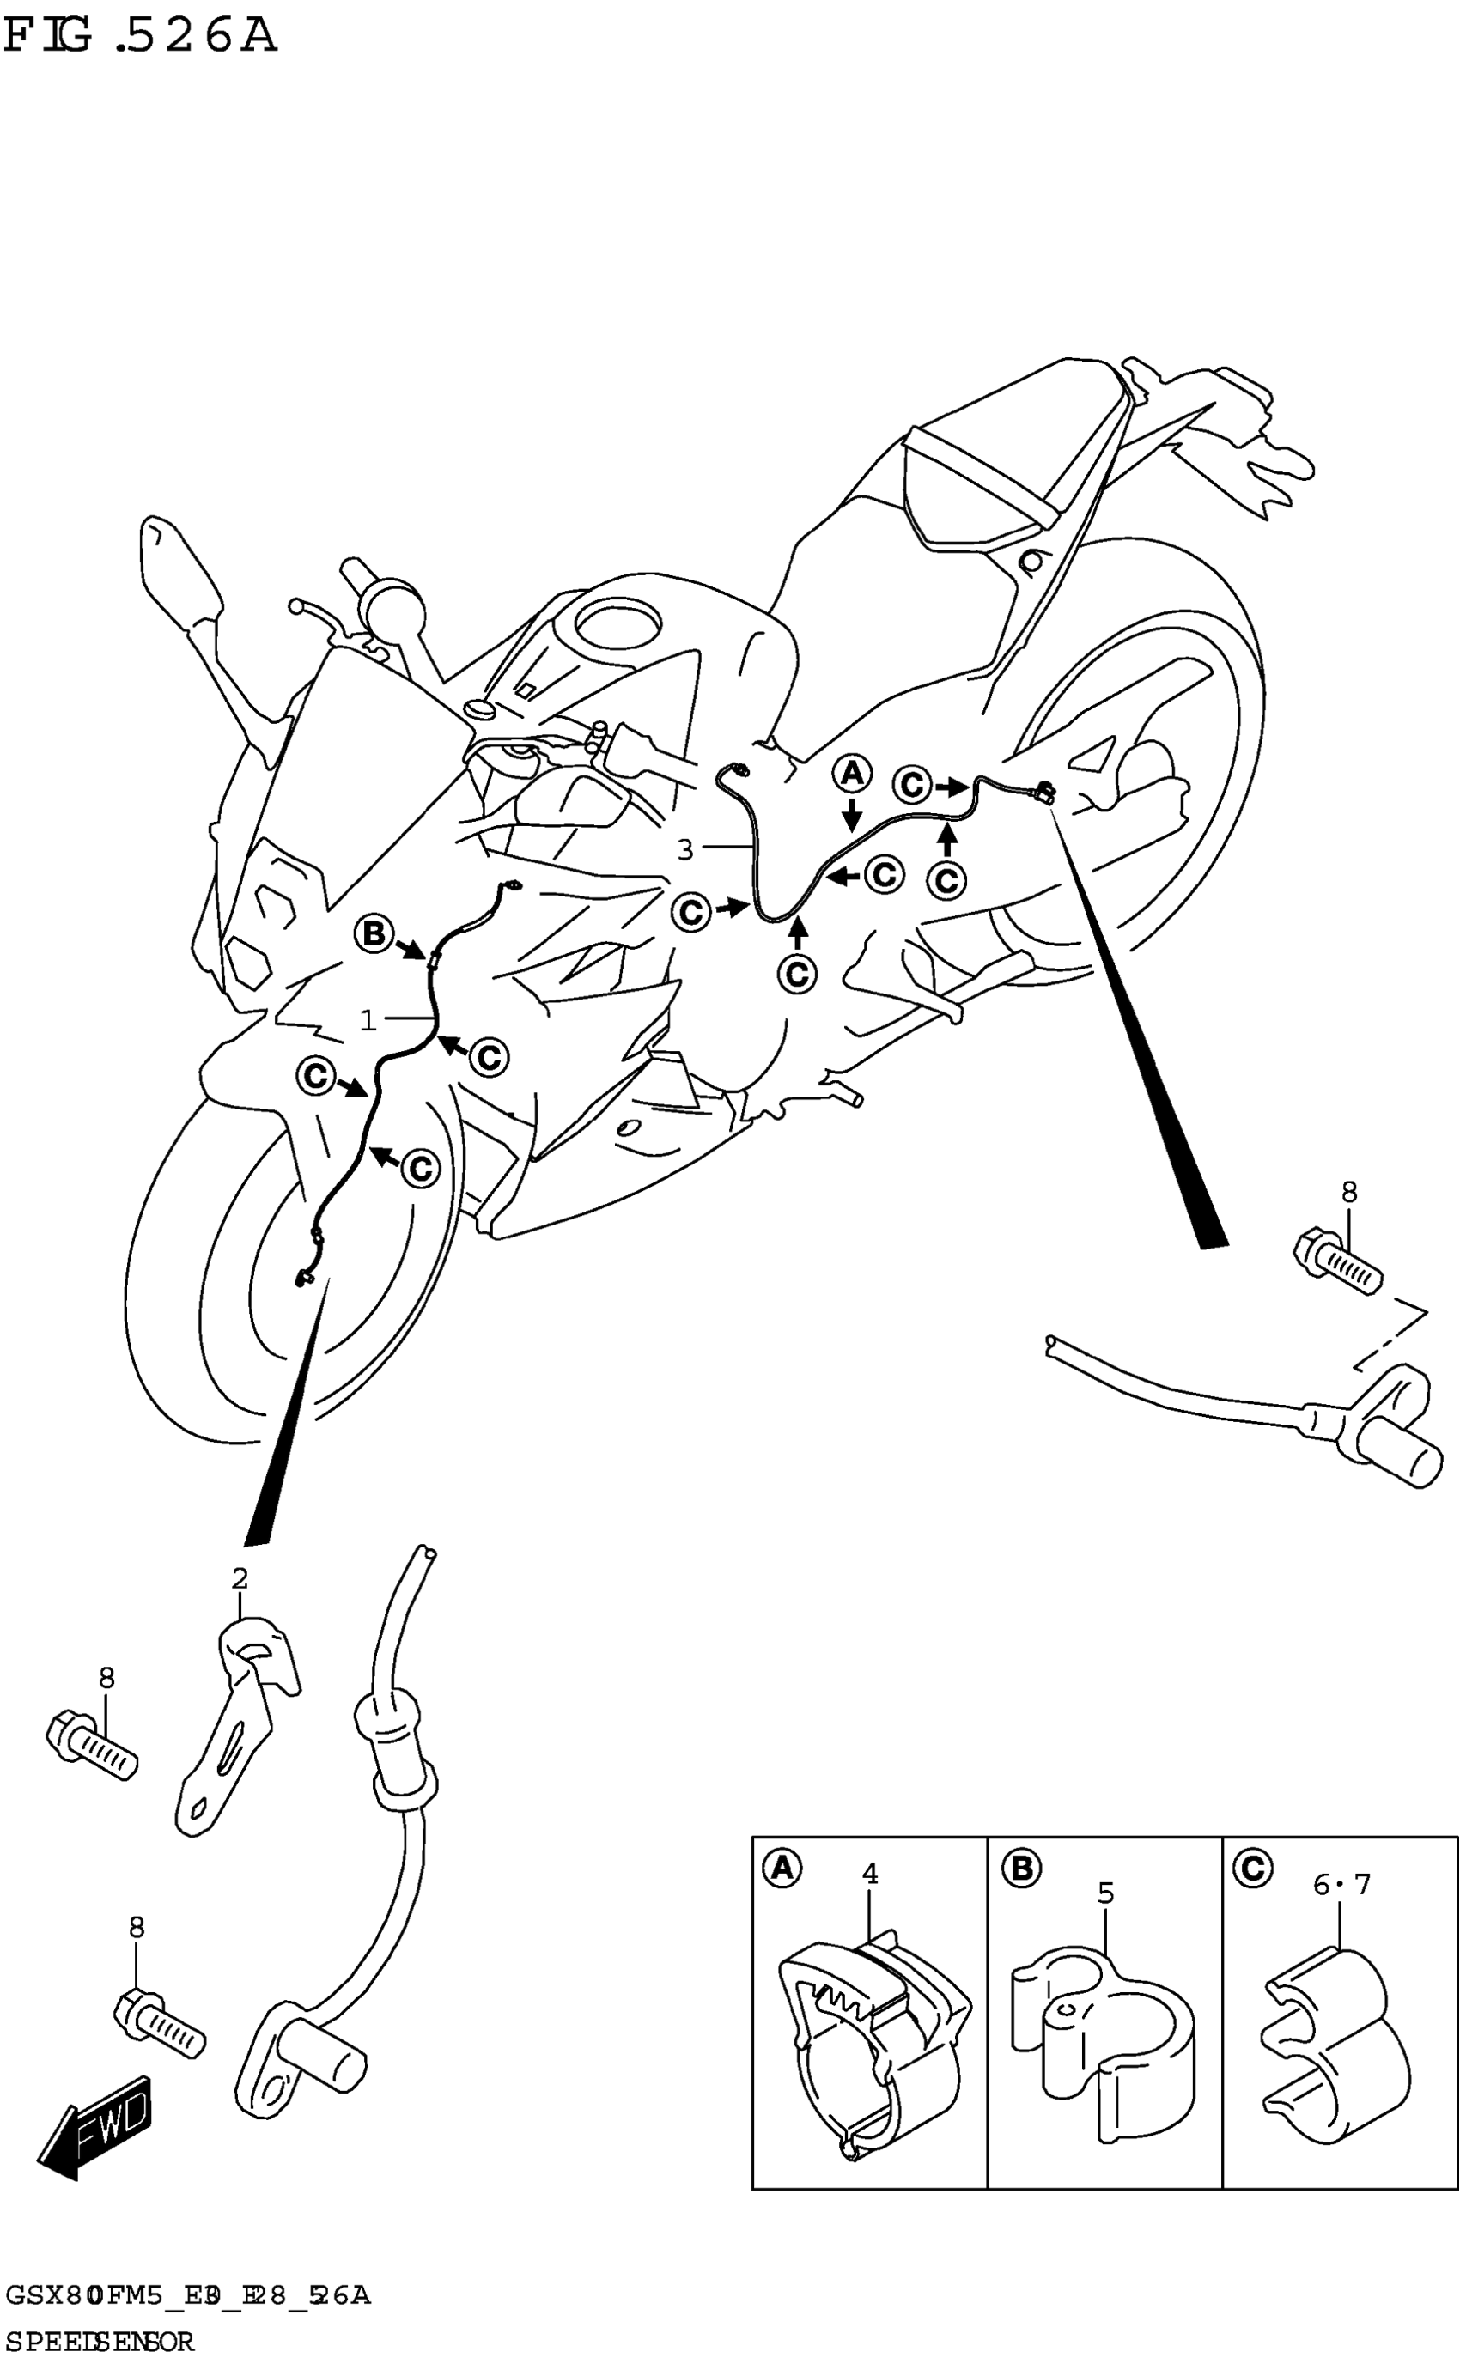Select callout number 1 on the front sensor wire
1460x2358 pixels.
click(368, 1020)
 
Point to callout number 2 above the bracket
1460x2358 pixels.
click(240, 1579)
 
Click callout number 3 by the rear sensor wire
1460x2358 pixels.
click(684, 849)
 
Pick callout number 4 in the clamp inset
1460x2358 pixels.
click(869, 1874)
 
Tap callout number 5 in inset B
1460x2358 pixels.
click(1105, 1893)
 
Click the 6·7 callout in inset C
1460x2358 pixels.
click(1341, 1883)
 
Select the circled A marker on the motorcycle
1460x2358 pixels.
click(852, 773)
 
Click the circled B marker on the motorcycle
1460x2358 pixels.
click(373, 933)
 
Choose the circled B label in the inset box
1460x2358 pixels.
click(1020, 1869)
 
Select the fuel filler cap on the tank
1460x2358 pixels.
click(615, 624)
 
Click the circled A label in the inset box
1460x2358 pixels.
click(782, 1869)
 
